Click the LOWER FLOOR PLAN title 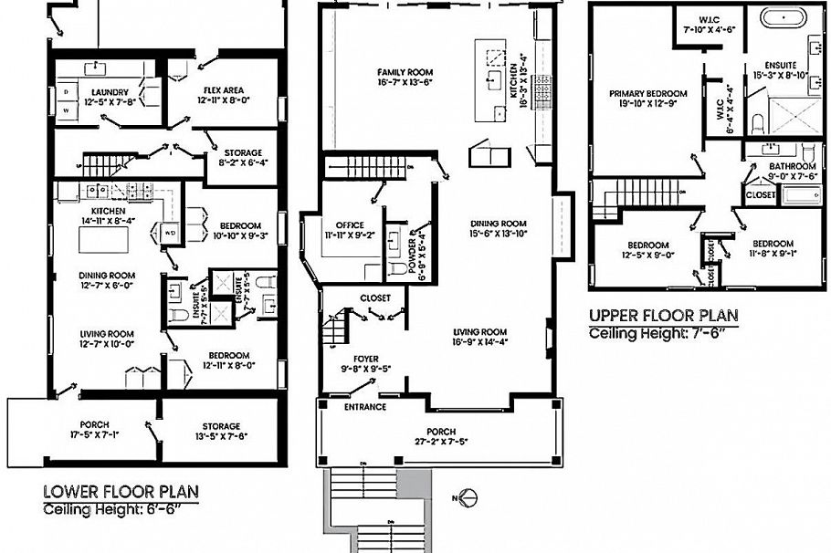pyautogui.click(x=121, y=493)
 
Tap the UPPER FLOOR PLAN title pyautogui.click(x=663, y=316)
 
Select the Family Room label pyautogui.click(x=405, y=72)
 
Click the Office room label pyautogui.click(x=350, y=225)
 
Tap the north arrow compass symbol pyautogui.click(x=469, y=498)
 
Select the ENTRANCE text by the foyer pyautogui.click(x=365, y=407)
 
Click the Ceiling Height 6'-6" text pyautogui.click(x=121, y=509)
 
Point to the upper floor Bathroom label pyautogui.click(x=791, y=166)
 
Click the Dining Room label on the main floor pyautogui.click(x=499, y=223)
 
